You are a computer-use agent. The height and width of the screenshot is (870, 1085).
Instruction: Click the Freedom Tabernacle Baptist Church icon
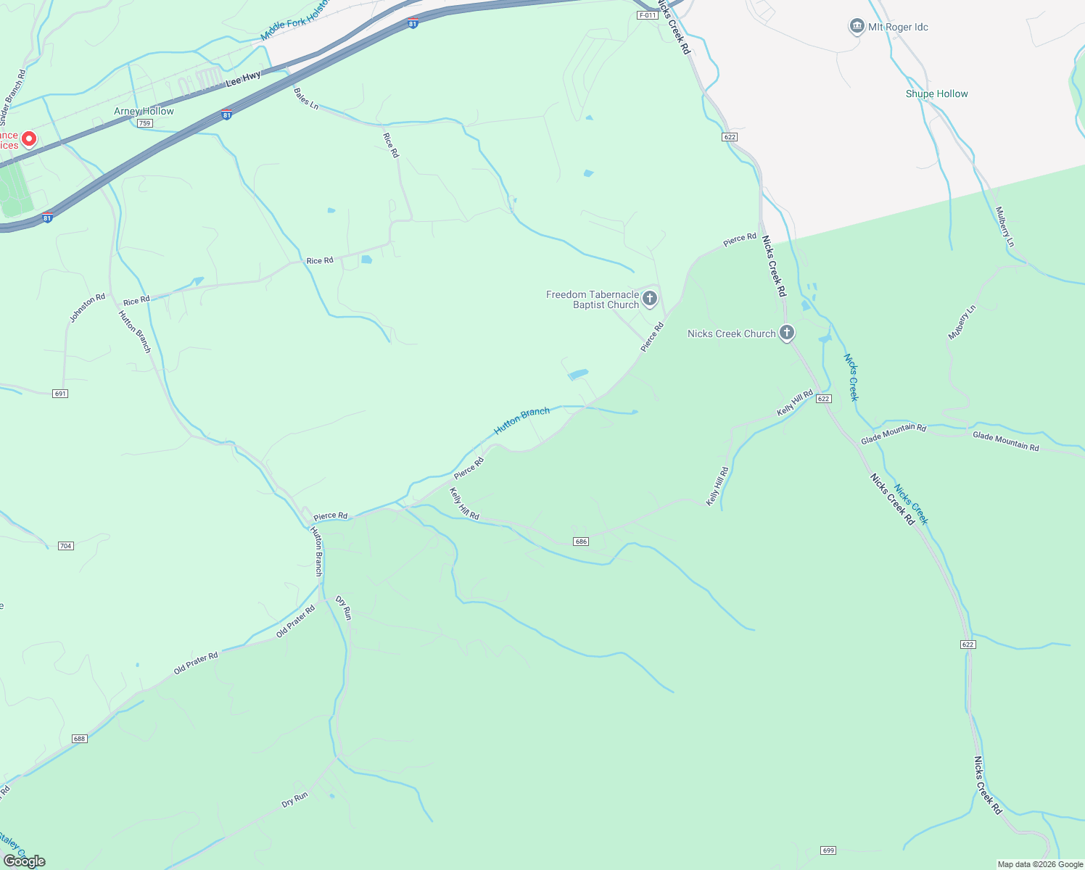pos(650,298)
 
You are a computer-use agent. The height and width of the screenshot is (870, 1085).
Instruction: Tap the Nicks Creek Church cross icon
pos(787,333)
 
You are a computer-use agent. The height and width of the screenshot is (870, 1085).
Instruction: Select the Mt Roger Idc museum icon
pos(857,27)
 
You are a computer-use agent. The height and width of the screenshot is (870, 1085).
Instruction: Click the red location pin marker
pos(29,138)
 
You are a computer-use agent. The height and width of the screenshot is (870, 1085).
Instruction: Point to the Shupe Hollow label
pos(936,94)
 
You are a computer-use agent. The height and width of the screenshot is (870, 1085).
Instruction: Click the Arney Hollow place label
pos(144,111)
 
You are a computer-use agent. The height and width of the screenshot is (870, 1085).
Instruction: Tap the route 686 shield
pos(580,542)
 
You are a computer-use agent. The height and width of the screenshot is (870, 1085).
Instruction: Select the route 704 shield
pos(66,545)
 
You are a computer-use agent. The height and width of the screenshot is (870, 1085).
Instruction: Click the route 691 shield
pos(60,394)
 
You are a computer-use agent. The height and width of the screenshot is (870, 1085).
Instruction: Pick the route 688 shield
pos(79,739)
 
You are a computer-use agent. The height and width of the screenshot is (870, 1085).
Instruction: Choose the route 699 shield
pos(828,850)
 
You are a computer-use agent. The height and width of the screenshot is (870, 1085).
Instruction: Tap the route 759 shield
pos(145,123)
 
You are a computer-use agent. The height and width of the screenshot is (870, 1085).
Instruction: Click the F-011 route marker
pos(648,15)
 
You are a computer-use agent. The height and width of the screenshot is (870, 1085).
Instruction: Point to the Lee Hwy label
pos(243,79)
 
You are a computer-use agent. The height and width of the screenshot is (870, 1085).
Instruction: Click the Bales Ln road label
pos(306,98)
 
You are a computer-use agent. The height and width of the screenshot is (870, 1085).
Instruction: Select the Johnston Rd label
pos(87,308)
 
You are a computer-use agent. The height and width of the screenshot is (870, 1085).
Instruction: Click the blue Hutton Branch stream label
pos(521,421)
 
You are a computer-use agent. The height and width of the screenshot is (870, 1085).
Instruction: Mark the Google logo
pos(25,861)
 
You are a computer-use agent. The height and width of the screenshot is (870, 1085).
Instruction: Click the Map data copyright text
pos(1040,864)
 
